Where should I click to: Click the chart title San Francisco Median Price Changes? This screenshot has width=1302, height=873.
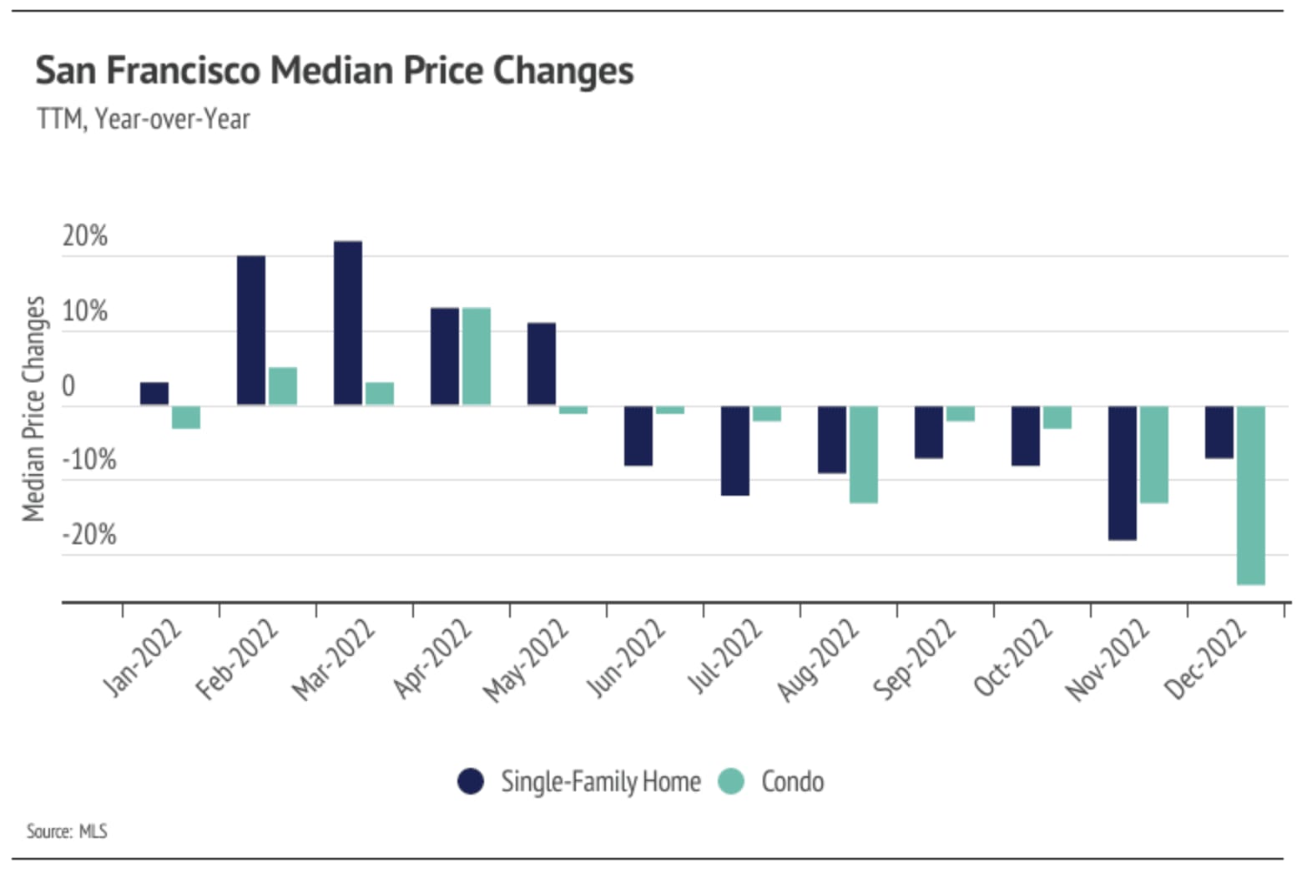pos(334,70)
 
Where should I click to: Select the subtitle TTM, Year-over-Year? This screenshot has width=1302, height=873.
pos(143,119)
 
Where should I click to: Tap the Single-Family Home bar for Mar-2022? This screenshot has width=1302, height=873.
pos(348,323)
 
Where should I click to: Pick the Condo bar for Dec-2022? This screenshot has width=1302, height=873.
pos(1250,495)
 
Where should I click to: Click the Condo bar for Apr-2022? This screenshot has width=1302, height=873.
pos(477,356)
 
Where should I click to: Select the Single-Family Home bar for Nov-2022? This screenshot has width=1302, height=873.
pos(1122,473)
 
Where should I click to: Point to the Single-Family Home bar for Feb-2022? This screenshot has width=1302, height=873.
pos(251,331)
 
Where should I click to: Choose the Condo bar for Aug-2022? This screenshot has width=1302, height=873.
pos(863,455)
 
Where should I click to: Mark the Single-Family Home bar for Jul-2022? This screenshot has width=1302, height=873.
pos(735,451)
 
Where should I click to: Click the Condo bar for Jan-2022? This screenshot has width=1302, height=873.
pos(186,417)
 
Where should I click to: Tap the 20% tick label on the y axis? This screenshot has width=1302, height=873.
pos(84,236)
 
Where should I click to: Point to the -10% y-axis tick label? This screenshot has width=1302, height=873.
pos(89,459)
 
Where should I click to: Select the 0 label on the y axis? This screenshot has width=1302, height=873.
pos(68,386)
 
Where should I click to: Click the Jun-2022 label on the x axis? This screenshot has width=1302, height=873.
pos(627,658)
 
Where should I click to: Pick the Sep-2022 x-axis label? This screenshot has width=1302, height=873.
pos(915,659)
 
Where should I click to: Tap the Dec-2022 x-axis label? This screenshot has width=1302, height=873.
pos(1205,659)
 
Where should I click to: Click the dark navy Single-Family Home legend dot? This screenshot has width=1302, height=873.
pos(471,781)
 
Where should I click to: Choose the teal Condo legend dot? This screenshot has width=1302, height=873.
pos(731,781)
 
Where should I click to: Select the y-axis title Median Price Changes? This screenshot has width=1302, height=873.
pos(33,408)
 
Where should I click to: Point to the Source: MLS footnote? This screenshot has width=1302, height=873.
pos(67,831)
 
